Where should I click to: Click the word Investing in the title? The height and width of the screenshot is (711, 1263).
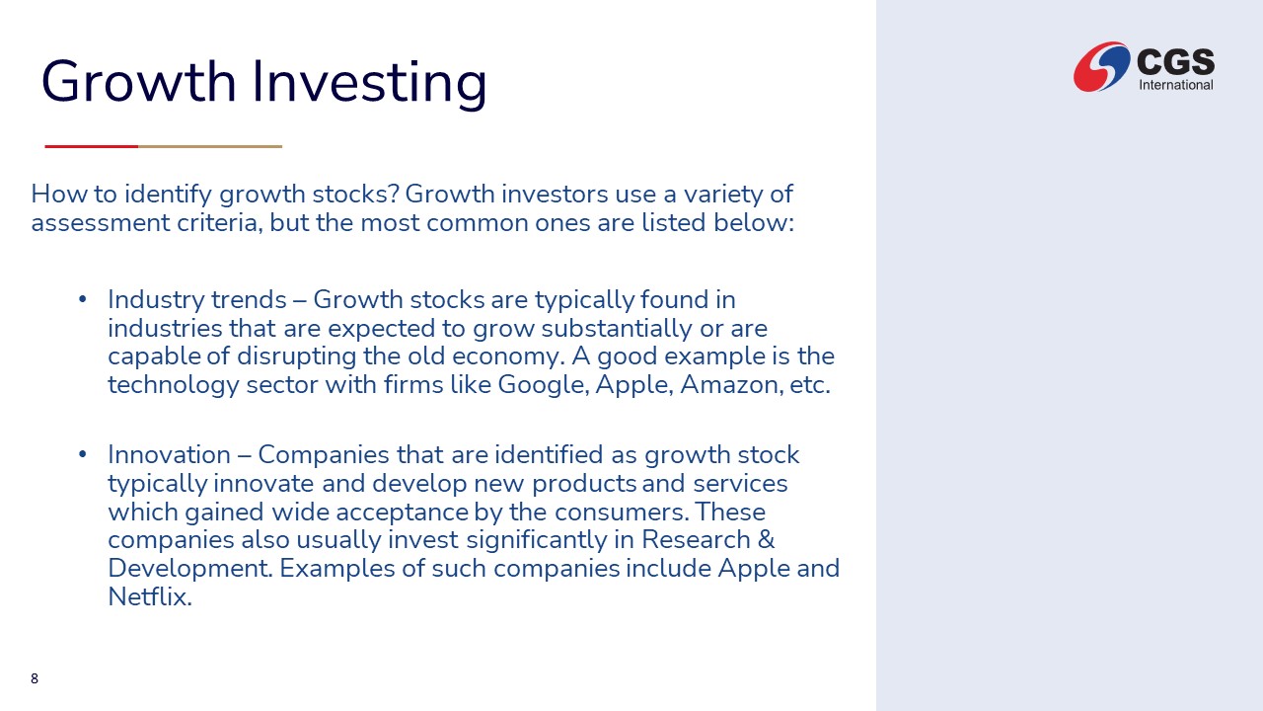[369, 82]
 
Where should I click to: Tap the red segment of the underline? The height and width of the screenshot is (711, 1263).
[92, 147]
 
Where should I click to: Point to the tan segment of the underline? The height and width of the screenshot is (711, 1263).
[210, 147]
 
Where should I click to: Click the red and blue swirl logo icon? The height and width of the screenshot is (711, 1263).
[1101, 66]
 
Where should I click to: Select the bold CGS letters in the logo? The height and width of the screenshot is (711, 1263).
[1175, 61]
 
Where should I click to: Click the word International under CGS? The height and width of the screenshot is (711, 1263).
[1175, 85]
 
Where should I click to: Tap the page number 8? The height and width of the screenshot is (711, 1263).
[35, 678]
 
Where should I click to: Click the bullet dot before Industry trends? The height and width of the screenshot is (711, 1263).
[82, 299]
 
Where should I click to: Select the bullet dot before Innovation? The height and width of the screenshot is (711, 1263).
[82, 454]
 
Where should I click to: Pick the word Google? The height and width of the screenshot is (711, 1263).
[543, 385]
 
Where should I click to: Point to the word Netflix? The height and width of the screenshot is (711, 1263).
[149, 596]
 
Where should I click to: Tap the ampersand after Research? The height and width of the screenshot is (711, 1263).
[766, 539]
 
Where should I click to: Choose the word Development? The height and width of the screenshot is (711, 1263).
[190, 569]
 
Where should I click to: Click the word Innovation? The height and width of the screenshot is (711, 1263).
[169, 455]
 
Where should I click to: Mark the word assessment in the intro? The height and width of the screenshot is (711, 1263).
[100, 223]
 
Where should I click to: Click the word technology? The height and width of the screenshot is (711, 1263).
[174, 385]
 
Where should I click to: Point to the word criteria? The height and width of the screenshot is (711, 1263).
[220, 223]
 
